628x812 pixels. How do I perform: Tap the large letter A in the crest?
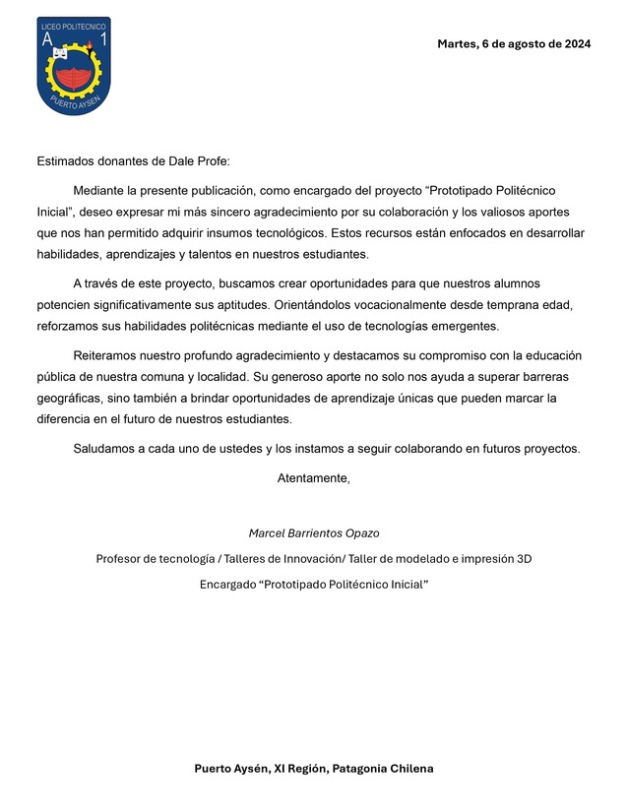click(47, 40)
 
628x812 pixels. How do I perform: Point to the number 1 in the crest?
click(101, 40)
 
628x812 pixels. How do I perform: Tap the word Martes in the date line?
click(457, 43)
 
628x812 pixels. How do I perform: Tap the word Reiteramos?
click(109, 355)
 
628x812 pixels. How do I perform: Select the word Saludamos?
click(105, 449)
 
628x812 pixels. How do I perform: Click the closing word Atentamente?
click(313, 478)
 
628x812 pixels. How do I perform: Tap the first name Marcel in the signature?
click(267, 533)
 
